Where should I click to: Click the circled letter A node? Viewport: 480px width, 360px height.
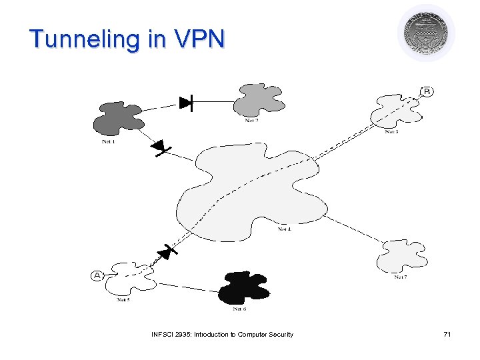click(x=96, y=275)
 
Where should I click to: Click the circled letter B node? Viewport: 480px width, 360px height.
click(x=426, y=91)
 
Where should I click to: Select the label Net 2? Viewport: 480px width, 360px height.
click(x=252, y=121)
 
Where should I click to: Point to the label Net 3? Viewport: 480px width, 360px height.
click(x=391, y=132)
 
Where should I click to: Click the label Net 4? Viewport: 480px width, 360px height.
click(x=285, y=229)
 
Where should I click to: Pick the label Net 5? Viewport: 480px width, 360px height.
click(x=123, y=300)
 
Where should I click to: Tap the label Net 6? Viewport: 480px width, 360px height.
click(x=240, y=309)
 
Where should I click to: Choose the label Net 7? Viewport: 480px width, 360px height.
click(x=400, y=277)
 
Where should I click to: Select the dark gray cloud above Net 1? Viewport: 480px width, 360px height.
click(x=119, y=118)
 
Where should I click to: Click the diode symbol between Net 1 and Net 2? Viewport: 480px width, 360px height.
click(x=186, y=103)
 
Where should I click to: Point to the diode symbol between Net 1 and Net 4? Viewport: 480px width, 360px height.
click(x=160, y=147)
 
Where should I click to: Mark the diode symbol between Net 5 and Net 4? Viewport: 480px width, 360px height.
click(x=166, y=252)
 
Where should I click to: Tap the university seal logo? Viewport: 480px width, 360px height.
click(x=426, y=33)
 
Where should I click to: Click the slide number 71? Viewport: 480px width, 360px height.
click(x=447, y=334)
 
